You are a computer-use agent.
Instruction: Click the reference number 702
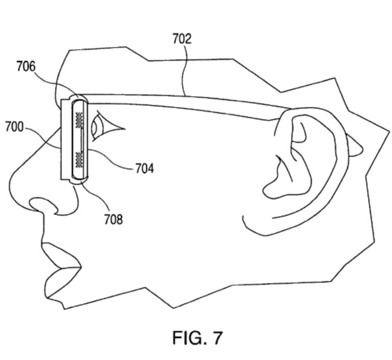tap(182, 39)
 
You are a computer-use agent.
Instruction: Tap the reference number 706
tap(26, 67)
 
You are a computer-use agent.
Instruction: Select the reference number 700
tap(14, 127)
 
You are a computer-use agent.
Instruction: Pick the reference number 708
tap(113, 219)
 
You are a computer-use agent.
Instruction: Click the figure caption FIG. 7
tap(197, 337)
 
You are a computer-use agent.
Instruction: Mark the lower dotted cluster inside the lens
tap(78, 158)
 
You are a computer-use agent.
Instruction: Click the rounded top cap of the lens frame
tap(78, 98)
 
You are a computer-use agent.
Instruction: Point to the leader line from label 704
tap(113, 161)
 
